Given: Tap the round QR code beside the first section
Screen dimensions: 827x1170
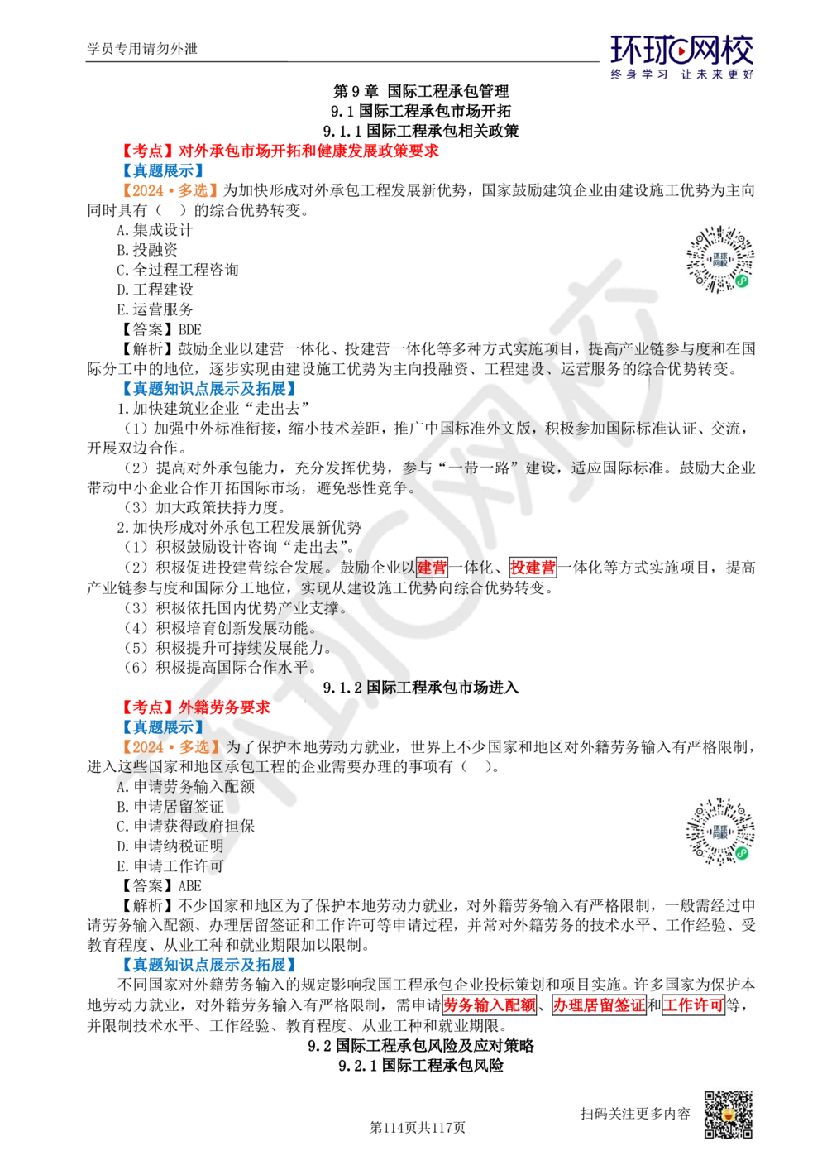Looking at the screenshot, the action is pos(720,258).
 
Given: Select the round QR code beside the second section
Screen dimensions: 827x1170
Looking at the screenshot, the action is pos(720,834).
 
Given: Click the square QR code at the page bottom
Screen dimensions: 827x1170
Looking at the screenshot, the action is pos(727,1115).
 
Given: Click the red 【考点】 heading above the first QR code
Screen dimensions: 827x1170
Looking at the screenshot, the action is pos(281,150).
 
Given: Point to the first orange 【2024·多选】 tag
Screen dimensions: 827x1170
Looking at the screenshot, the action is pos(169,189).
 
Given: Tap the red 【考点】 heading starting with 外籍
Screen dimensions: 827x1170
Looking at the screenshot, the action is pos(196,707).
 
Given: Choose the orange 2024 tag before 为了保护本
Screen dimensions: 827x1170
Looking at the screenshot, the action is pos(169,746).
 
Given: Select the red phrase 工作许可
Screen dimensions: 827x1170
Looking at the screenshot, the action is pos(693,1005).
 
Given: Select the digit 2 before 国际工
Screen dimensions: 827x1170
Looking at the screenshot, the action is pos(358,688).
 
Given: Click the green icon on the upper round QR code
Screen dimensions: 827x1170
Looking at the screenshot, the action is pos(743,281).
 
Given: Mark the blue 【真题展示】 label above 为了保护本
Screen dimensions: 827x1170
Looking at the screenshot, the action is pos(161,726).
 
